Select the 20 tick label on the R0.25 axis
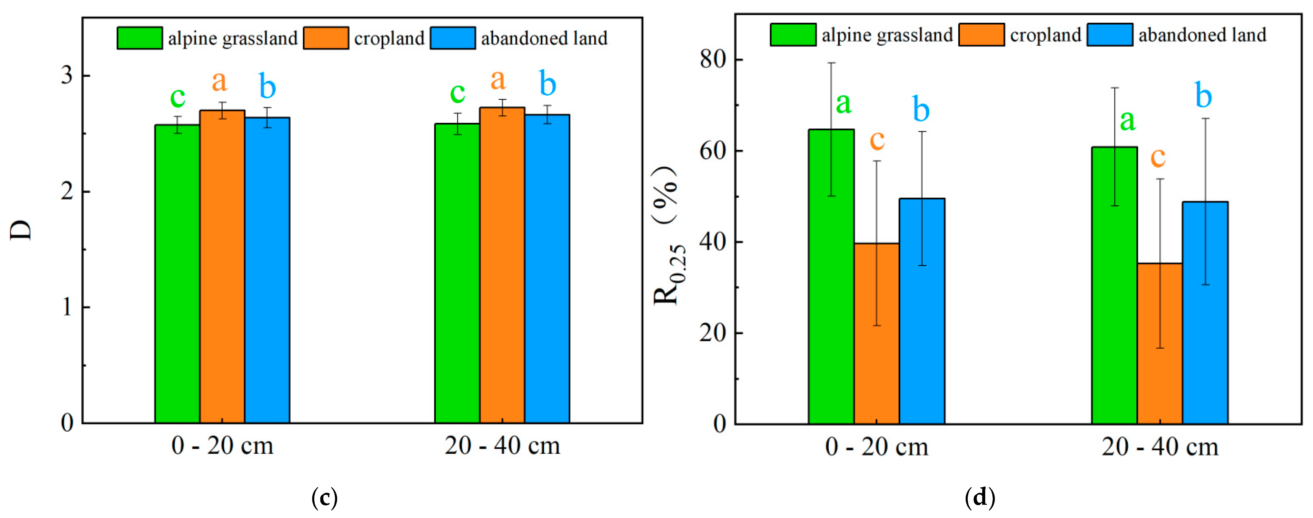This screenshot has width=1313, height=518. pos(713,333)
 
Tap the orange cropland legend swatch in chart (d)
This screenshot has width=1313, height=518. pos(981,35)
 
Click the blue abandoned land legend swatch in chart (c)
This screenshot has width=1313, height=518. pos(452,38)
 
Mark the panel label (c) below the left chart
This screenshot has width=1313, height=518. pos(324,497)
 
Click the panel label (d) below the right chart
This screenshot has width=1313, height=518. pos(980,497)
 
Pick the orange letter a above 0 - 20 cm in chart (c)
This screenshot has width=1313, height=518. pos(219,81)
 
